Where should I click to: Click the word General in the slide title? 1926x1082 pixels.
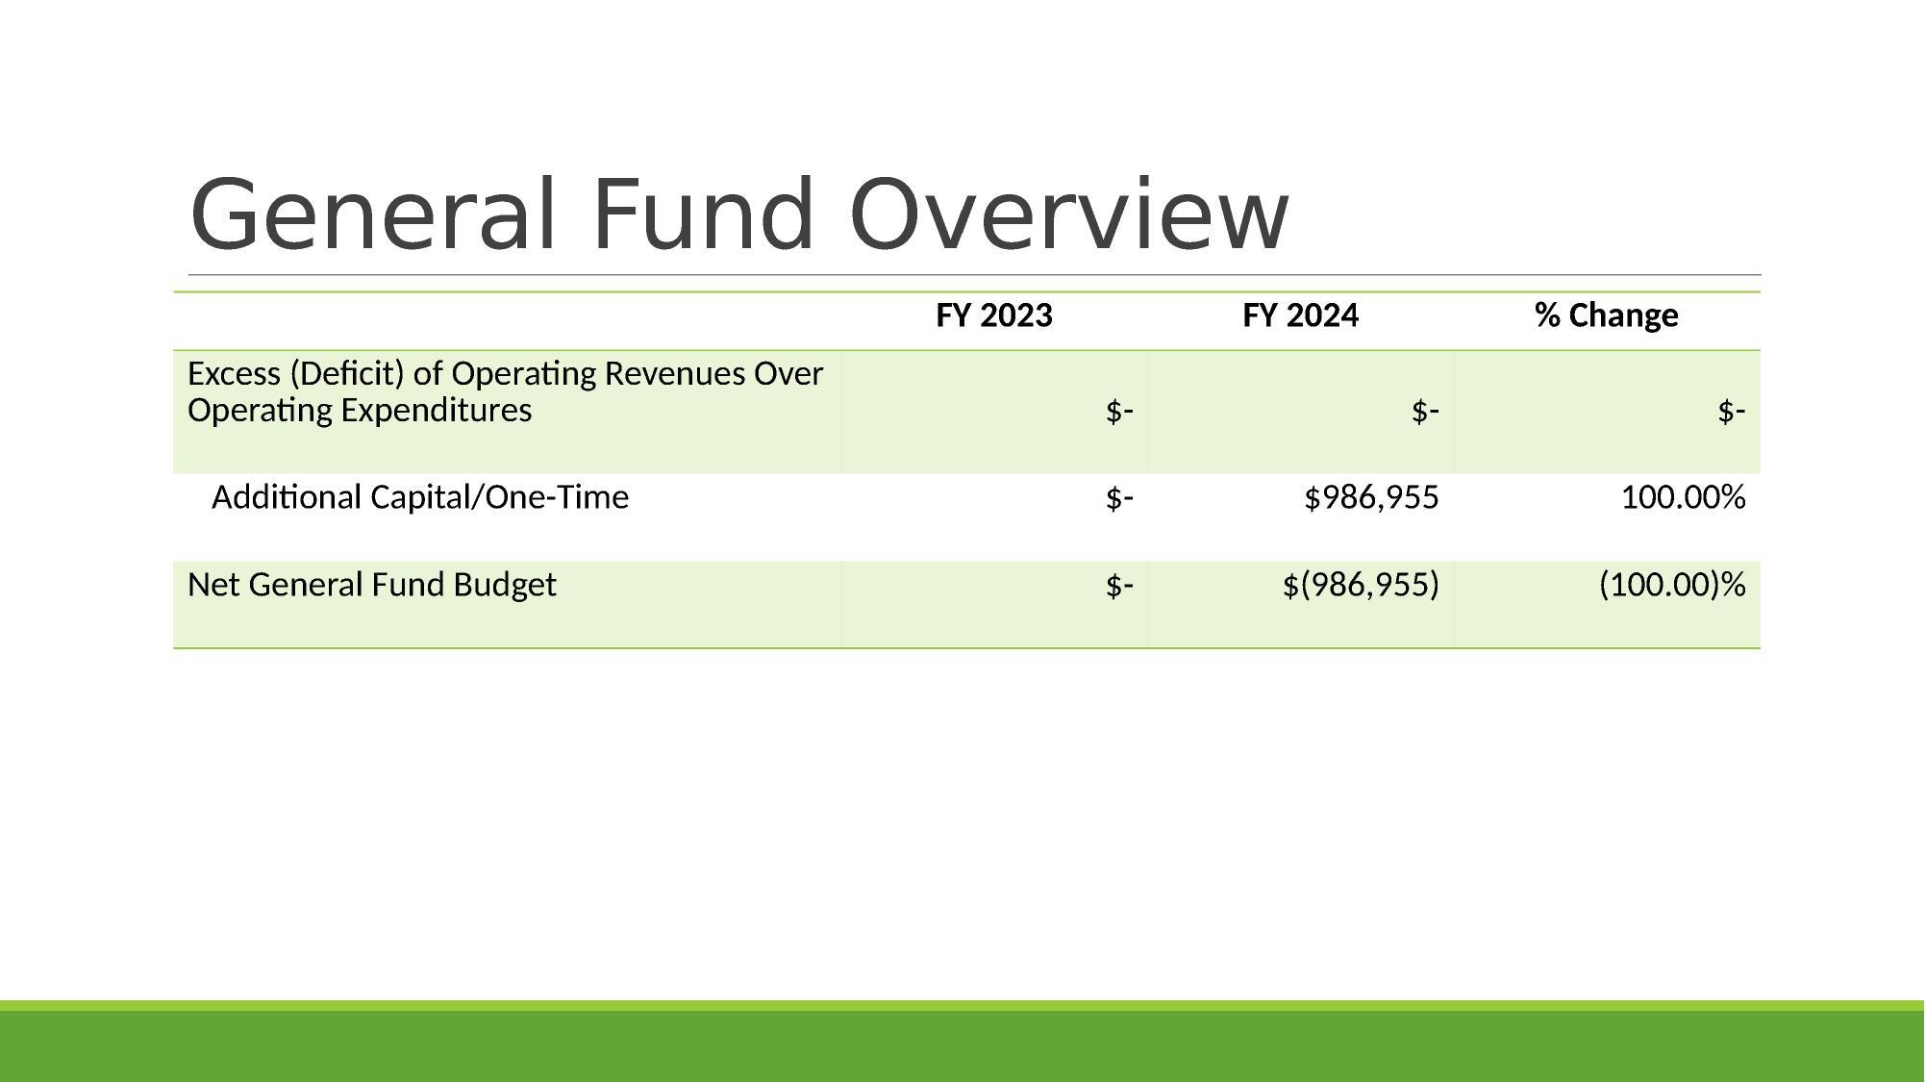click(x=373, y=215)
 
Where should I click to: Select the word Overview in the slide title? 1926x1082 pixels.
click(x=1069, y=215)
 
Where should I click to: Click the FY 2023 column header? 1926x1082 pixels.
click(x=994, y=315)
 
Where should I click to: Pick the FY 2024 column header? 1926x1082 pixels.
click(x=1300, y=315)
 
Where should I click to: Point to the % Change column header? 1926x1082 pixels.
click(x=1606, y=315)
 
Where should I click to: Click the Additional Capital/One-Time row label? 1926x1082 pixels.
click(x=420, y=497)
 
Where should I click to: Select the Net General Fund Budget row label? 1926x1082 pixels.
click(x=372, y=585)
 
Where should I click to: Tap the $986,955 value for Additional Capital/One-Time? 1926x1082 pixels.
click(x=1371, y=497)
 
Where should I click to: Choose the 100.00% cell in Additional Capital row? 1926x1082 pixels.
click(x=1683, y=497)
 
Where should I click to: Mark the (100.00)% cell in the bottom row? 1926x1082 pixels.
click(x=1672, y=585)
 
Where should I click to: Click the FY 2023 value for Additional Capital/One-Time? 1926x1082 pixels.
click(x=1119, y=498)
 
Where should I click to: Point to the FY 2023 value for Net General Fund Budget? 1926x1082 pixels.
click(x=1119, y=586)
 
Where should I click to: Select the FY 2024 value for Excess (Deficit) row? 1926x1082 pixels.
click(x=1425, y=412)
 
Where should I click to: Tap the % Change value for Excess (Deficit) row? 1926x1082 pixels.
click(x=1731, y=412)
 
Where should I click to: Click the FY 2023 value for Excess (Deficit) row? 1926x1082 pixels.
click(x=1119, y=412)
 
